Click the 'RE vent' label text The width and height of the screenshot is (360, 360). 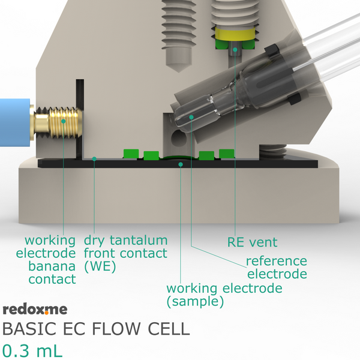click(x=253, y=242)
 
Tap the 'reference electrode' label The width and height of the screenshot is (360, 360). click(x=277, y=267)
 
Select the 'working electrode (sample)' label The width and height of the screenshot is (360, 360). click(x=224, y=295)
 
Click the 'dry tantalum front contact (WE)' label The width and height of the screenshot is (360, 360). click(x=125, y=253)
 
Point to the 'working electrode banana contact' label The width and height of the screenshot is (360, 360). click(x=46, y=260)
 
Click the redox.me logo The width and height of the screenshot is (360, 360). click(x=35, y=310)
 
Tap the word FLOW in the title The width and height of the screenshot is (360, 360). click(x=116, y=329)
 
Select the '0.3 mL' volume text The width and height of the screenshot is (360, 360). click(x=32, y=351)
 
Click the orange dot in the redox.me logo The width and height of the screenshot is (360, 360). click(x=47, y=313)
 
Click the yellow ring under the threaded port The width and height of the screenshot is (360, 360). click(x=235, y=34)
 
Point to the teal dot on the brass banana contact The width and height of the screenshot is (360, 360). click(x=64, y=121)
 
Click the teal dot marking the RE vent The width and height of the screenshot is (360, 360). click(x=235, y=49)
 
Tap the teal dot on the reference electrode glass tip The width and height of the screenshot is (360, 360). click(x=191, y=118)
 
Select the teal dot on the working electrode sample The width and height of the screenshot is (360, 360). click(x=181, y=164)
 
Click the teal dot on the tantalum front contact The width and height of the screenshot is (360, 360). click(x=94, y=158)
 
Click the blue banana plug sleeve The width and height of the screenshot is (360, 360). click(x=15, y=122)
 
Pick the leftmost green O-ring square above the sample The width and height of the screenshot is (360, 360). click(x=131, y=154)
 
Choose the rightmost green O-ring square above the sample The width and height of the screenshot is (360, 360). click(x=227, y=154)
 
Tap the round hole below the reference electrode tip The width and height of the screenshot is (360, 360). click(x=179, y=137)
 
